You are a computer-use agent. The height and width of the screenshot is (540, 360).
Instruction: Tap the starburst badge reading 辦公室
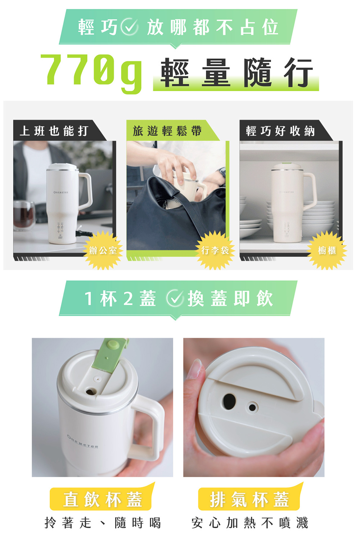(103, 250)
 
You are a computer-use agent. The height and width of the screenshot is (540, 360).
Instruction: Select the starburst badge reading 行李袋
(215, 250)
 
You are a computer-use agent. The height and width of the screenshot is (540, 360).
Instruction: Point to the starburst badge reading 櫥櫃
(327, 250)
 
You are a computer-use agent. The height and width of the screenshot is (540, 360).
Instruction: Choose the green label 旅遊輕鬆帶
(167, 131)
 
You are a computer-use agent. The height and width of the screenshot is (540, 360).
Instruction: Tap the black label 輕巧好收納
(280, 131)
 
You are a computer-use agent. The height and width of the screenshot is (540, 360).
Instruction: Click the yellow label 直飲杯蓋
(103, 499)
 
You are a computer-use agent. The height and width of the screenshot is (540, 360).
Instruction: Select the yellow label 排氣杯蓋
(249, 499)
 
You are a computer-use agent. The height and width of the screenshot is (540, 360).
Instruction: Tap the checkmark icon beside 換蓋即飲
(175, 299)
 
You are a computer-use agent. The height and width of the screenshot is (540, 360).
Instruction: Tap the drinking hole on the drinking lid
(90, 391)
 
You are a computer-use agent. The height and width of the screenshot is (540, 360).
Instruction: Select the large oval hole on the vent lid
(229, 401)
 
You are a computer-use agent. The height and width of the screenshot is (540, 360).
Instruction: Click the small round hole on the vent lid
(252, 408)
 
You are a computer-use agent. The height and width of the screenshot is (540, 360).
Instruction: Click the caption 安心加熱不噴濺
(249, 523)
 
